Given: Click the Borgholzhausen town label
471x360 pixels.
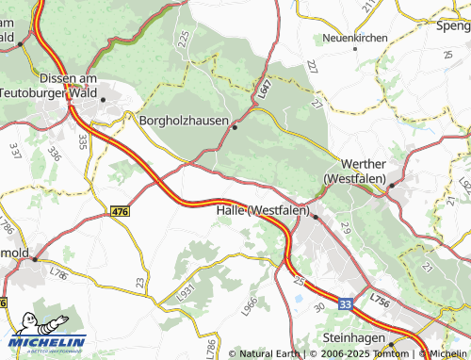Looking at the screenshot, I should point(185,122).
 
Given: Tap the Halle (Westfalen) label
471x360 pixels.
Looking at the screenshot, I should point(263,210).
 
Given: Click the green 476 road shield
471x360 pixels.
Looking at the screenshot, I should point(120,213).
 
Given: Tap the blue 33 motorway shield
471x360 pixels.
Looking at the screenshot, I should point(346,304).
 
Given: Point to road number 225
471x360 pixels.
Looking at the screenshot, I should point(183,39).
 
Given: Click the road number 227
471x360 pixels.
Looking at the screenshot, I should point(313,69).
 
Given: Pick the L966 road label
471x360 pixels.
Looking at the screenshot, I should point(249,306).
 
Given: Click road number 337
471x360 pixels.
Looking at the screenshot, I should point(15,150).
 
